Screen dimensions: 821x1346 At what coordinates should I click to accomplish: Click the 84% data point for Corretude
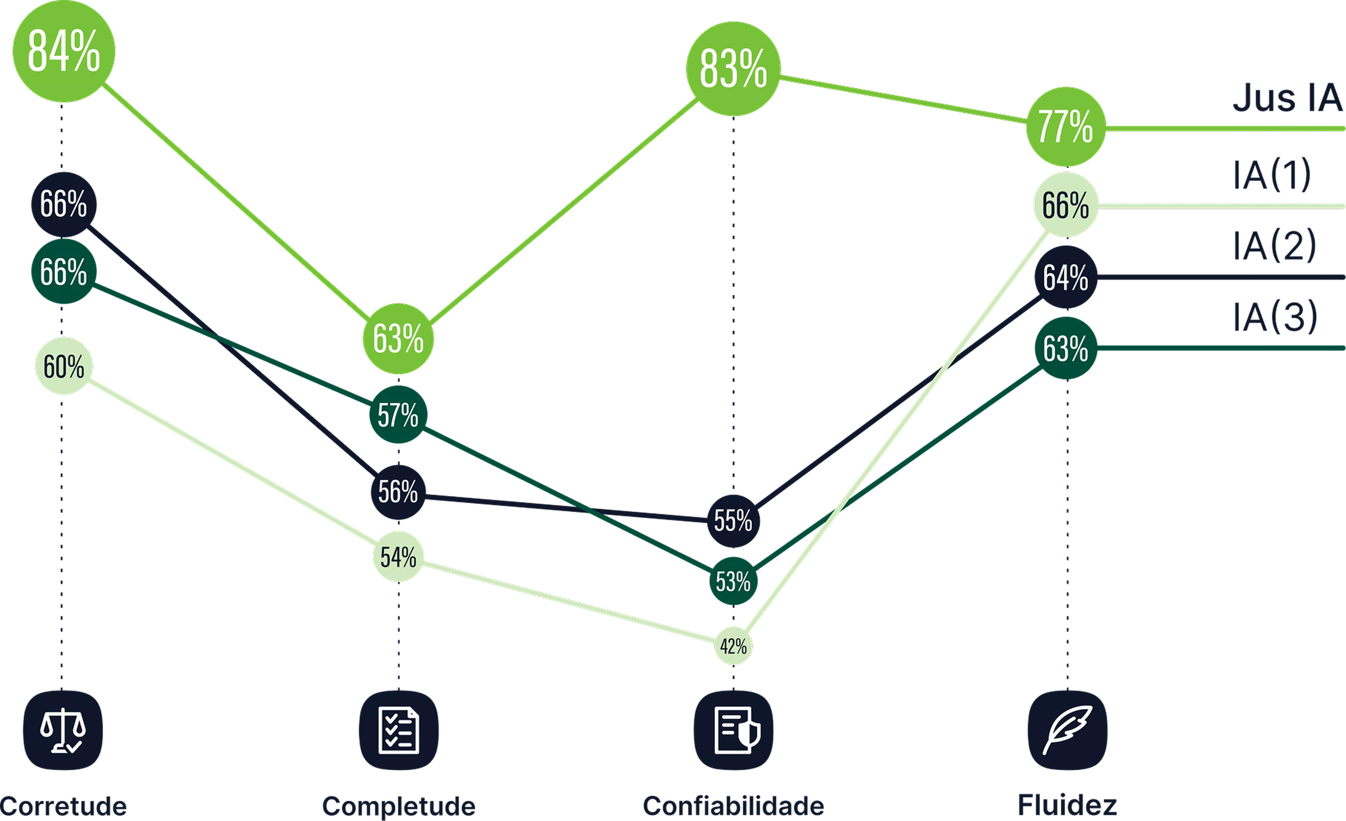coord(63,52)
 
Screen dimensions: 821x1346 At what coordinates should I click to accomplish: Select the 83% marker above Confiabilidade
coord(733,69)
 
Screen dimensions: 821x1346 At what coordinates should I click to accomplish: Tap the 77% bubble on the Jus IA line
coord(1065,126)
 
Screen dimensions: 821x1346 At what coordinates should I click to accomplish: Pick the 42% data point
coord(733,646)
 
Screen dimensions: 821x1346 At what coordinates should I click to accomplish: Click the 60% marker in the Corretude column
coord(63,366)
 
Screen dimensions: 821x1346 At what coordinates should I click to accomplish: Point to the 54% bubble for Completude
coord(398,557)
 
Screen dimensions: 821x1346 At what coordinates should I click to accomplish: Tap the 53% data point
coord(733,581)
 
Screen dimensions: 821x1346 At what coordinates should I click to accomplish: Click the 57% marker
coord(398,415)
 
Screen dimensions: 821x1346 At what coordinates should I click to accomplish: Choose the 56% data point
coord(398,492)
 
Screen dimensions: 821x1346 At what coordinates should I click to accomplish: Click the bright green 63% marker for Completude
coord(398,339)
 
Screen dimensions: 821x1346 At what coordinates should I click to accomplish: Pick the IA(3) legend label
coord(1275,317)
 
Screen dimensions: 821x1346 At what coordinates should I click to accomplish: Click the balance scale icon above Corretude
coord(63,730)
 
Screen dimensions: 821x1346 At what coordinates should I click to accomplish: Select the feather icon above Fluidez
coord(1067,730)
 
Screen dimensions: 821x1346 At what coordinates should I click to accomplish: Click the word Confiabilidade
coord(733,806)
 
